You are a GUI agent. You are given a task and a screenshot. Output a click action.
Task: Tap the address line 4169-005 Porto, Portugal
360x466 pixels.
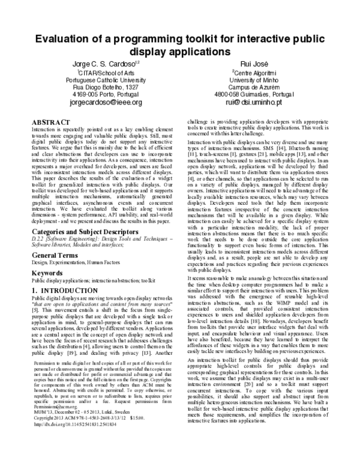[106, 94]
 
